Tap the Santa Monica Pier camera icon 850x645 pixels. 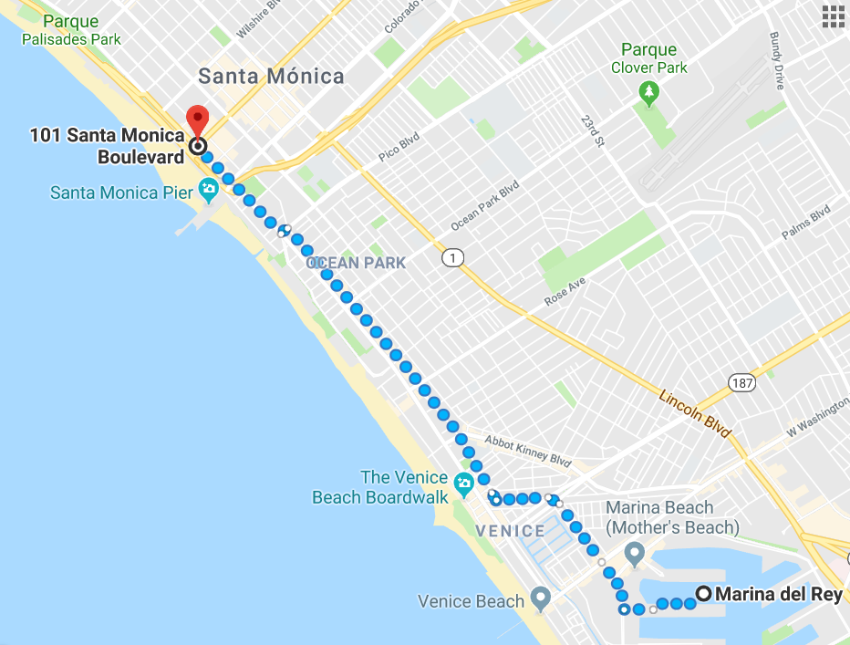pos(209,192)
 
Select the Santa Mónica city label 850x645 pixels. pos(271,76)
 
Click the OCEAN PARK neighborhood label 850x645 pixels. pos(357,263)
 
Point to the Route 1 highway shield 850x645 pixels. pos(451,259)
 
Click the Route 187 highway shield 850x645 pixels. pos(741,382)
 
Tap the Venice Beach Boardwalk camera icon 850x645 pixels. pos(464,482)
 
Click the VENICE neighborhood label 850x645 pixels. pos(510,530)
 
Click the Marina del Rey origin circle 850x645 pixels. pos(703,594)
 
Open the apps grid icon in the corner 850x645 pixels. pos(833,17)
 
